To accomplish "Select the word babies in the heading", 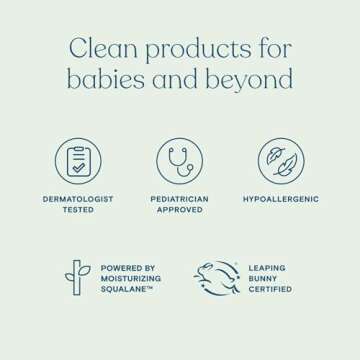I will coord(104,80).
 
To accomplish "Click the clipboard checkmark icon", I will coord(78,161).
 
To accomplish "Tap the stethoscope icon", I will coord(180,161).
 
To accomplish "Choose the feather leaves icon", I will coord(280,161).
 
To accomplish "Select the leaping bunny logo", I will coord(216,278).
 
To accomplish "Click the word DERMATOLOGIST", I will coord(78,199).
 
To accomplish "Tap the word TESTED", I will coord(78,210).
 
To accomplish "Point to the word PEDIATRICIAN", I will coord(180,199).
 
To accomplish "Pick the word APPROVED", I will coord(180,210).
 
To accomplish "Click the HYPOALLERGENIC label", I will coord(281,199).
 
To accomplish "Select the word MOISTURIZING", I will coord(131,278).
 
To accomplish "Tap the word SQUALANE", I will coord(125,289).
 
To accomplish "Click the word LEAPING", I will coord(267,268).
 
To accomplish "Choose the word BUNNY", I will coord(264,278).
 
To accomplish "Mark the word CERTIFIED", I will coord(271,289).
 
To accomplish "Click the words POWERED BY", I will coord(128,268).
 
